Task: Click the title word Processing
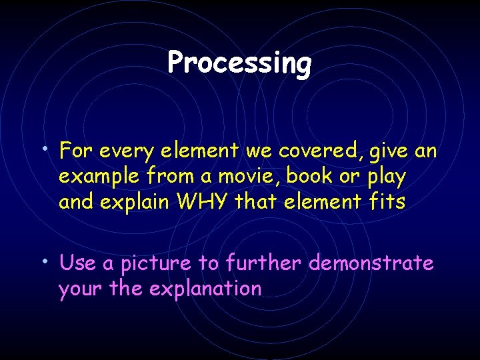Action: [239, 63]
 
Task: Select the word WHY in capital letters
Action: [197, 202]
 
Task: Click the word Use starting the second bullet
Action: [77, 264]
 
